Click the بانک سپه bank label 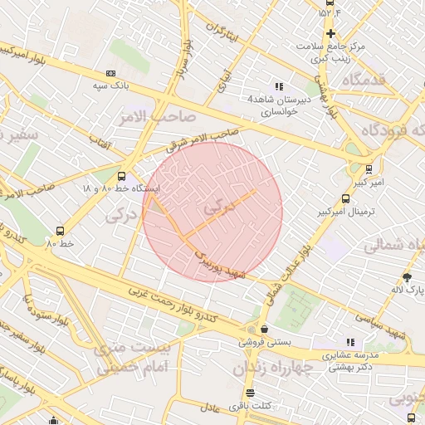coord(110,86)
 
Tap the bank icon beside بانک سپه coord(111,74)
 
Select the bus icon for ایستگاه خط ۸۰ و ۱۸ coord(122,176)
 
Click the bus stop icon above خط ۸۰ coord(60,232)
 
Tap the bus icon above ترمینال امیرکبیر coord(346,199)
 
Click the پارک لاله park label coord(407,290)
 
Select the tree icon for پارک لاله coord(407,277)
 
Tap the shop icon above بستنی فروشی coord(263,330)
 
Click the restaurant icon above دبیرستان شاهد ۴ coord(279,86)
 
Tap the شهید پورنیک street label coord(218,265)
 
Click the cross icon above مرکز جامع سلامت coord(330,34)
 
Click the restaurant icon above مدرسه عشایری coord(349,342)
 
